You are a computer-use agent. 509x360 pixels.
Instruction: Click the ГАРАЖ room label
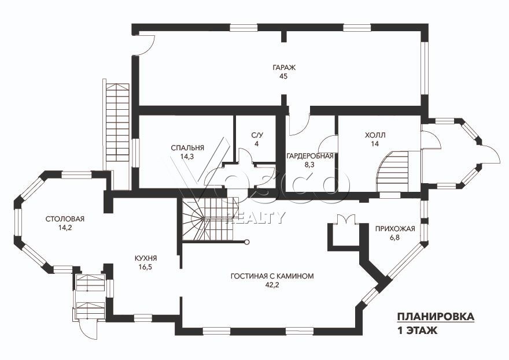[284, 68]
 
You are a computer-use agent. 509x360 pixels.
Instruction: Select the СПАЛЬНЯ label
[187, 148]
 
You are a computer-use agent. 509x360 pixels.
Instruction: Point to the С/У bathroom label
[256, 135]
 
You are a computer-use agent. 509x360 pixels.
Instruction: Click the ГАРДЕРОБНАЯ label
[309, 156]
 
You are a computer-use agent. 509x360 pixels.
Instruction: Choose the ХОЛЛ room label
[375, 135]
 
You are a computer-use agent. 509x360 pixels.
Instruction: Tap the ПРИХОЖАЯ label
[395, 229]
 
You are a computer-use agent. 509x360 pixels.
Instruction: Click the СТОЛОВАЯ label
[65, 219]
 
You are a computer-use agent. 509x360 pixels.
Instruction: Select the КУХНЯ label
[146, 258]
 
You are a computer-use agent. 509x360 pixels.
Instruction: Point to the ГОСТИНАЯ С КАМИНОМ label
[272, 276]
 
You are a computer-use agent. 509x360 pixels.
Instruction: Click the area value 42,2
[272, 285]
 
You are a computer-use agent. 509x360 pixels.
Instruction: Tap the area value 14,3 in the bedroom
[187, 157]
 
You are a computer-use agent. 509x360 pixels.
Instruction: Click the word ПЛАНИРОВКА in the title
[436, 317]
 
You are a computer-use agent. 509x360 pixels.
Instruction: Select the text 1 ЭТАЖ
[417, 331]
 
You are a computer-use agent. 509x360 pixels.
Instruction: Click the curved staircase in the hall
[394, 172]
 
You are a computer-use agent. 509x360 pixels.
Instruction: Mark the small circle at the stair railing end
[247, 242]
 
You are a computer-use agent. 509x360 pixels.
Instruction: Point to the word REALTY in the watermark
[256, 218]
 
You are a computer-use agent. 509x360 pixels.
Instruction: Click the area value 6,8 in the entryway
[394, 237]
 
